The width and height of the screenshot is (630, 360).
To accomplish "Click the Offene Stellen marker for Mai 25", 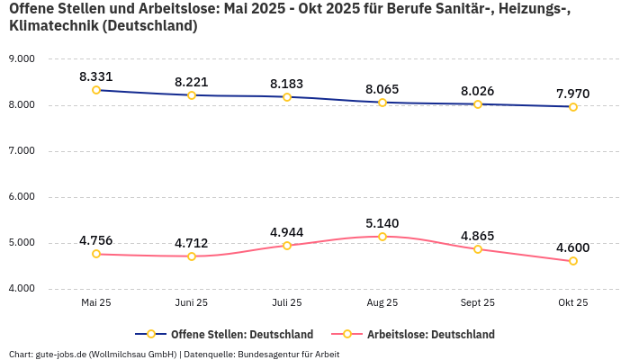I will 96,90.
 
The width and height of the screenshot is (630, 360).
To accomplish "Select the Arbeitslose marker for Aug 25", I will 382,237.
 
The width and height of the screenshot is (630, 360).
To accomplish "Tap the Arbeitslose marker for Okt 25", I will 573,261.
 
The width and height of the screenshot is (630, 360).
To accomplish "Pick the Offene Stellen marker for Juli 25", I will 287,97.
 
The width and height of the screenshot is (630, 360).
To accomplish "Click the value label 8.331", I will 96,76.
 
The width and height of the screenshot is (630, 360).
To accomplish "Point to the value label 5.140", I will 382,223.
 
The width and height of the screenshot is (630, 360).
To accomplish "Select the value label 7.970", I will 573,94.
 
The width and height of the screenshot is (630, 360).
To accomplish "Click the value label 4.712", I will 192,243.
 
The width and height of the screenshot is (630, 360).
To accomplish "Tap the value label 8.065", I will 382,89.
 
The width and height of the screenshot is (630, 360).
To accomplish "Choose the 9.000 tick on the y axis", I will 21,58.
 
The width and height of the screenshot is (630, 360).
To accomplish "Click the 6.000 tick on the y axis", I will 21,196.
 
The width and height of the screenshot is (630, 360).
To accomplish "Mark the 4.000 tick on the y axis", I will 21,288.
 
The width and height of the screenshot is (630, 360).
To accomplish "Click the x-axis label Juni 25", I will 192,303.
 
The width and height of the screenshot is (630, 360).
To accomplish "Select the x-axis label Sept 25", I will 478,303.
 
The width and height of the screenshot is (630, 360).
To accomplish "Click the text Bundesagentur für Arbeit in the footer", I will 288,354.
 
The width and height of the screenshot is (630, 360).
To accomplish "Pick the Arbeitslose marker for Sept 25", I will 478,249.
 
